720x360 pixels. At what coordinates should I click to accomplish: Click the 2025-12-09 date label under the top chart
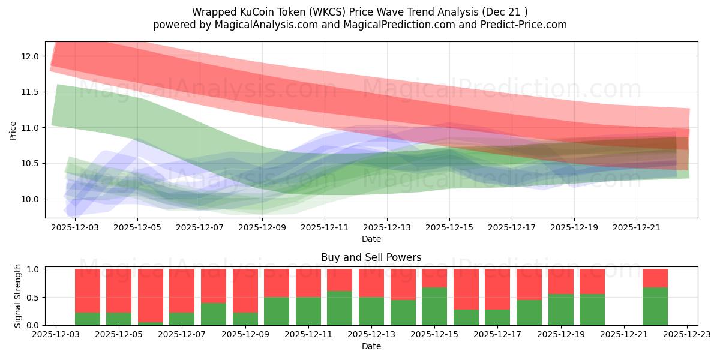pyautogui.click(x=262, y=228)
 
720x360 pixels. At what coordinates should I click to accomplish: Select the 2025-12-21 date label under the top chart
pyautogui.click(x=637, y=228)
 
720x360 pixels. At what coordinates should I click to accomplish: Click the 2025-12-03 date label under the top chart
pyautogui.click(x=75, y=228)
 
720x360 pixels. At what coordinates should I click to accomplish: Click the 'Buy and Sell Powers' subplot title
pyautogui.click(x=371, y=257)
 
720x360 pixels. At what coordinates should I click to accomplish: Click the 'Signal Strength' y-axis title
pyautogui.click(x=18, y=296)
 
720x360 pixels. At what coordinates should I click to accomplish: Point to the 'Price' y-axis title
pyautogui.click(x=13, y=131)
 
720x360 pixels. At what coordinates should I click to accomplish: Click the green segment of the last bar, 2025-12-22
pyautogui.click(x=655, y=306)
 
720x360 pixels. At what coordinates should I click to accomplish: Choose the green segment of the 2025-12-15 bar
pyautogui.click(x=434, y=306)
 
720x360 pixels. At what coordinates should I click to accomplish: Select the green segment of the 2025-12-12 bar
pyautogui.click(x=340, y=308)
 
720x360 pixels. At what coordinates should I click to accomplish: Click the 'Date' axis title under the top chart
pyautogui.click(x=371, y=239)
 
